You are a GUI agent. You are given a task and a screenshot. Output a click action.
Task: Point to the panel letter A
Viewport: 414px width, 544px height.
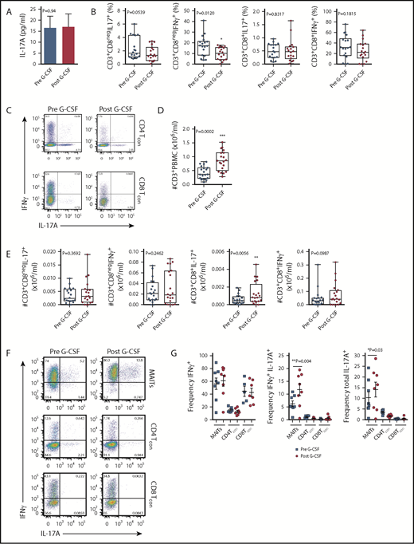(6, 6)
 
